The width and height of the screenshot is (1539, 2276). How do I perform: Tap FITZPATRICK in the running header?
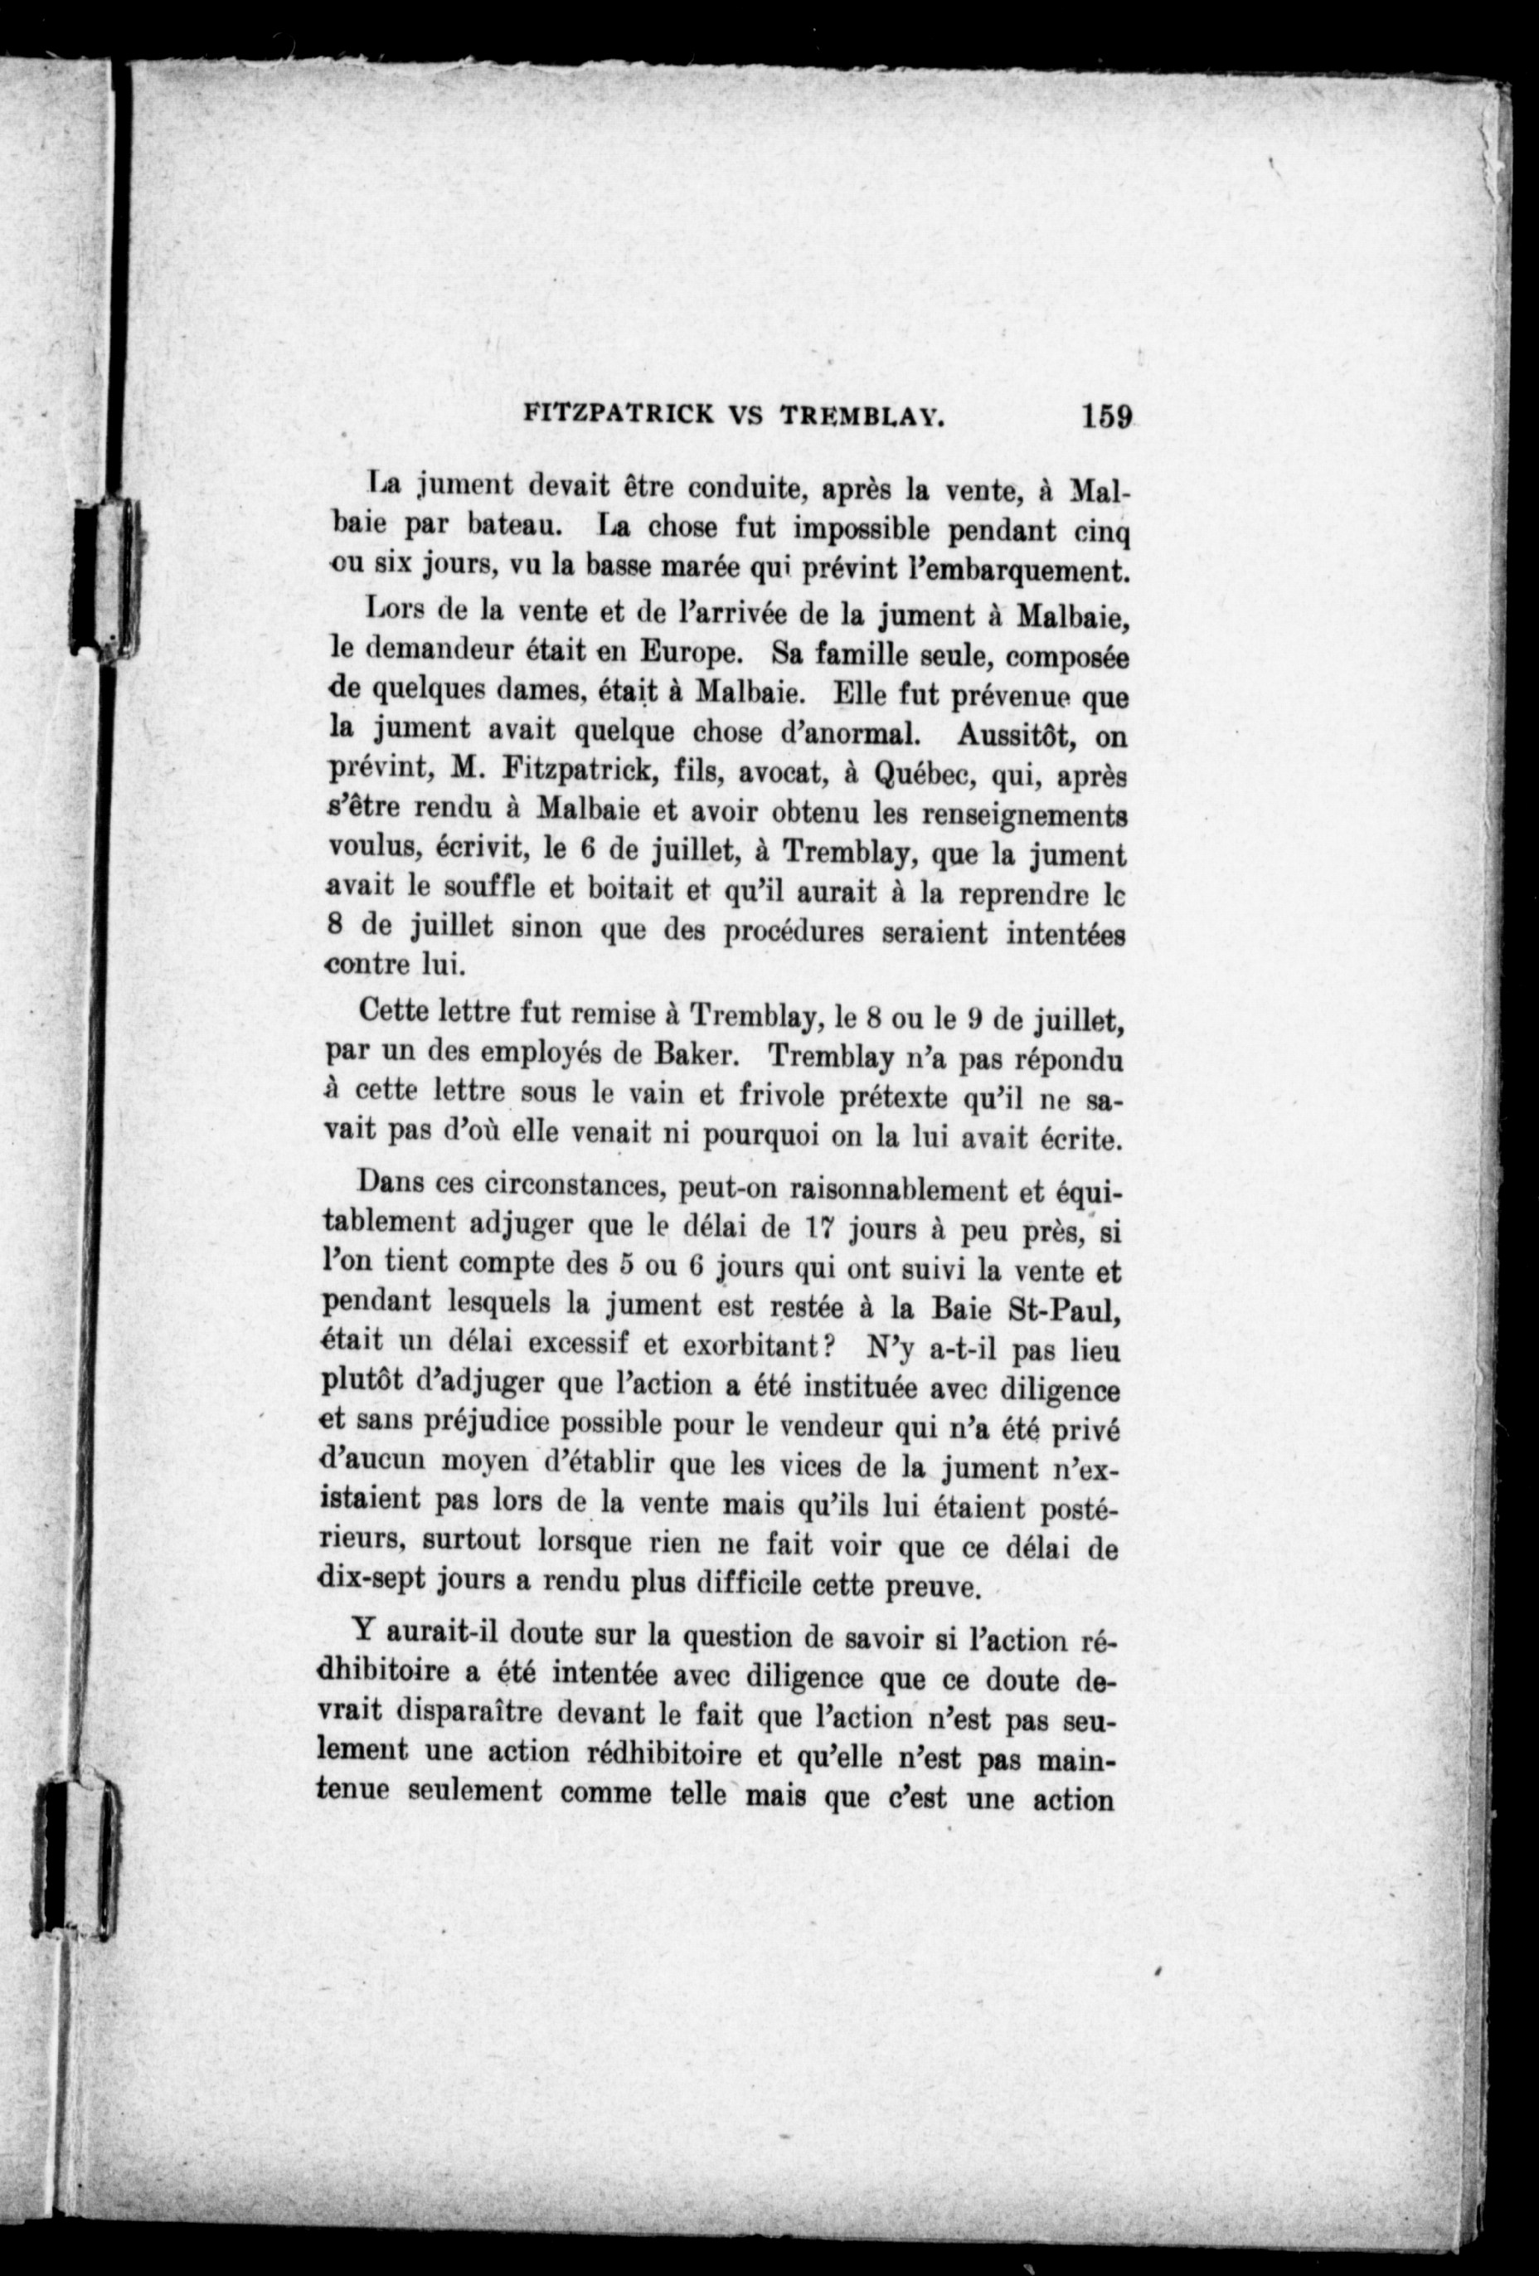(x=618, y=416)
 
